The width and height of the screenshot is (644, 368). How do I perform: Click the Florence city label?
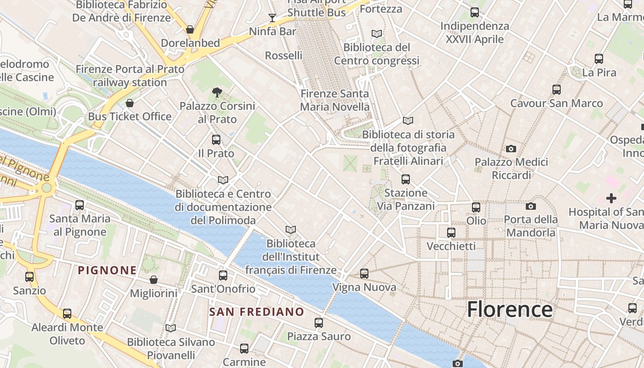pos(510,309)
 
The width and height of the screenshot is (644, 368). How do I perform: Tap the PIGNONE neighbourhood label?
pos(107,270)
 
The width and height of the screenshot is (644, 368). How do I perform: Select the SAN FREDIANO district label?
pos(257,312)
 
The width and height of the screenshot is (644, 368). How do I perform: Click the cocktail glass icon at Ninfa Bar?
pos(272,18)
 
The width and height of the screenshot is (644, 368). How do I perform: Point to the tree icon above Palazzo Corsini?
pos(217,93)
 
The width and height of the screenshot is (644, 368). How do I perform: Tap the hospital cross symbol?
pos(611,198)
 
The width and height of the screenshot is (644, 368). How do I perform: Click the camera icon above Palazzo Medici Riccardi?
pos(511,149)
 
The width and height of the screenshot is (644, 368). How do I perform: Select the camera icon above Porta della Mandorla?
pos(530,206)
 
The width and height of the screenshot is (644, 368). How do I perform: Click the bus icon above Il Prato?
pos(216,140)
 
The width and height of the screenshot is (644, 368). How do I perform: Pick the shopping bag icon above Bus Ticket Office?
pos(130,103)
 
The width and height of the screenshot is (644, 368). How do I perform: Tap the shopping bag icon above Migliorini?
pos(154,280)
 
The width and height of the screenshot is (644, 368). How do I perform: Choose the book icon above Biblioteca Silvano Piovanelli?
pos(171,328)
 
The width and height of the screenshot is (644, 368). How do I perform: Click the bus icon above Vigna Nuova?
pos(364,274)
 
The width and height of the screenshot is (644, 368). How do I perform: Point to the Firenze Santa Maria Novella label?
pos(334,100)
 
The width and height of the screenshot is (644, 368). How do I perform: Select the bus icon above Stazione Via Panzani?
pos(405,179)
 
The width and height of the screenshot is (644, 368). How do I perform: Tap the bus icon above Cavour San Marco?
pos(557,90)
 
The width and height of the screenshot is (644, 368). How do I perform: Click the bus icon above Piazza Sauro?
pos(319,323)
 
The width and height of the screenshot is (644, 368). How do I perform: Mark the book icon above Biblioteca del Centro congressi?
pos(377,34)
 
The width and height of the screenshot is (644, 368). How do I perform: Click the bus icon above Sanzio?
pos(29,277)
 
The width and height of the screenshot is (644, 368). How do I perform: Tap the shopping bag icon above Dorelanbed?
pos(190,30)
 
